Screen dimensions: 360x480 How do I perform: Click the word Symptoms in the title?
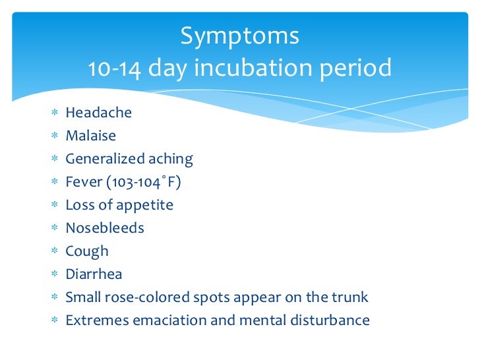click(240, 36)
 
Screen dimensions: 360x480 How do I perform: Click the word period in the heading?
click(358, 67)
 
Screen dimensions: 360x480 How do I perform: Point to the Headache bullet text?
click(98, 113)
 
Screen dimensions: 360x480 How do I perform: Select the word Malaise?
click(90, 136)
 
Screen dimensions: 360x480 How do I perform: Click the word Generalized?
click(105, 159)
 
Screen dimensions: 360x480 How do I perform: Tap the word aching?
click(171, 159)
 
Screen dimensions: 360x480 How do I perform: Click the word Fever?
click(81, 182)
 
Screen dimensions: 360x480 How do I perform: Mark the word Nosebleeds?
click(104, 228)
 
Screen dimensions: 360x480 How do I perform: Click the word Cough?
click(86, 251)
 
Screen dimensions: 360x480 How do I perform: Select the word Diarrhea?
click(94, 274)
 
